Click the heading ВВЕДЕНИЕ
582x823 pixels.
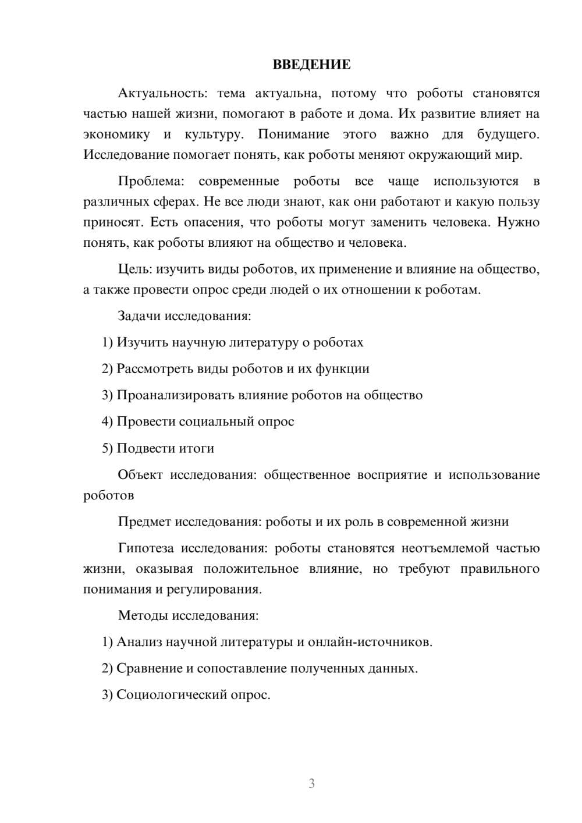[x=311, y=65]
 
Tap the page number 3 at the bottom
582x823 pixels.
[x=311, y=783]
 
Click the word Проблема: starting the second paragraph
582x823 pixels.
[x=151, y=181]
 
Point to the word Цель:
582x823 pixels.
[x=135, y=269]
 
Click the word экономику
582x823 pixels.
[x=116, y=134]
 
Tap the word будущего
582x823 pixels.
[x=508, y=134]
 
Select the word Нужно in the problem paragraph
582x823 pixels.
[x=519, y=222]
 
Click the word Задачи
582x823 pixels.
[x=139, y=316]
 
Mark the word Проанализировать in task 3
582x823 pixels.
[x=175, y=395]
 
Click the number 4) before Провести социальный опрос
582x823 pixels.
[x=107, y=421]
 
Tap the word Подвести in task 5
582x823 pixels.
[x=142, y=448]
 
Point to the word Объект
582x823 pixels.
[x=140, y=474]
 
